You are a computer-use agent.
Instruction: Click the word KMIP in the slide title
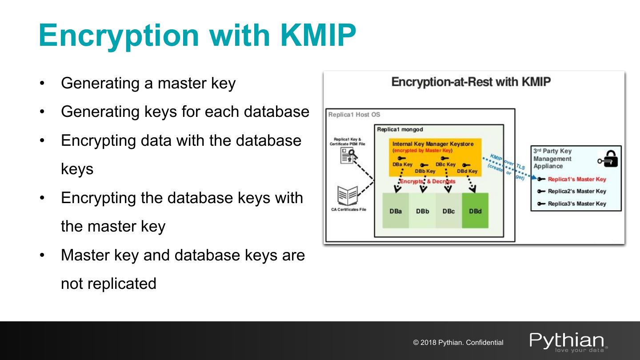[318, 35]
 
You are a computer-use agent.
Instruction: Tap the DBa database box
[396, 211]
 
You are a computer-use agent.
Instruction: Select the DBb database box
[422, 211]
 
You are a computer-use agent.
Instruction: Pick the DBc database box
[448, 211]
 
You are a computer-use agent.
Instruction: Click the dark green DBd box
[475, 211]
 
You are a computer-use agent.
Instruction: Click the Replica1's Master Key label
[576, 179]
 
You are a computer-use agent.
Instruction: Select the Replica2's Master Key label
[576, 191]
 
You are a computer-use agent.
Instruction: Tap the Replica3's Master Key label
[576, 204]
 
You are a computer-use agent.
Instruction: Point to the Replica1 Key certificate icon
[348, 156]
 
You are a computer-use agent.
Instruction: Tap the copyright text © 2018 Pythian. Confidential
[458, 343]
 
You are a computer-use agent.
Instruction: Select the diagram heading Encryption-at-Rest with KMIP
[471, 82]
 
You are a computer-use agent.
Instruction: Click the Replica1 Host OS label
[354, 115]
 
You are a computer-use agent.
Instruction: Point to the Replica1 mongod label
[400, 129]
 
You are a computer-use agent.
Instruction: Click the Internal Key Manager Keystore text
[433, 144]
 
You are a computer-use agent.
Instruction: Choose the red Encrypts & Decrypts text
[428, 181]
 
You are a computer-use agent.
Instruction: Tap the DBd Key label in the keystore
[467, 171]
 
